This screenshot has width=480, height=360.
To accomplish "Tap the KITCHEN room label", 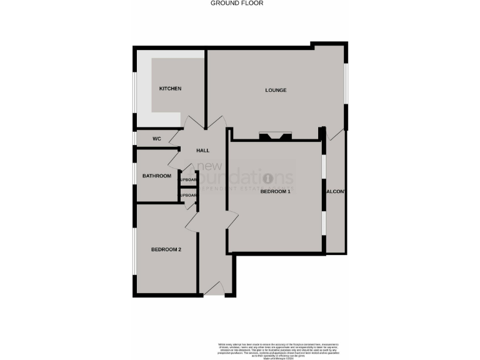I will pos(170,89).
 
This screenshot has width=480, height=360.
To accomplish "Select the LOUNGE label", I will pos(276,90).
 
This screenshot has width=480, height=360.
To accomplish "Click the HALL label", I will pos(203,151).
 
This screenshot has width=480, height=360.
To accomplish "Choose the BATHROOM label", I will pos(156,176).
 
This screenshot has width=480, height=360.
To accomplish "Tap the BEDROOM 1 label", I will pos(276,191).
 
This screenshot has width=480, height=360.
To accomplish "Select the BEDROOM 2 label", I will pos(166,250).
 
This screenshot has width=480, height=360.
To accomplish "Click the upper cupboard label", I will pos(189,180).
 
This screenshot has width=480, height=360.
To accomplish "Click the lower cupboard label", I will pos(189,196).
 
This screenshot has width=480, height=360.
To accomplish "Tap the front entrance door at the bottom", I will pos(214,287).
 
